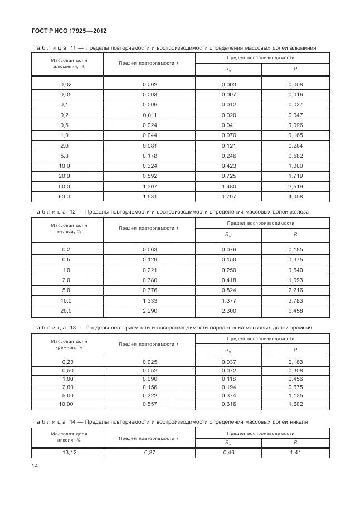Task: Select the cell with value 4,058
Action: click(x=295, y=197)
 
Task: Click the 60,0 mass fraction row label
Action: click(x=65, y=197)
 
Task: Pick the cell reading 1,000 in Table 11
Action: click(x=295, y=166)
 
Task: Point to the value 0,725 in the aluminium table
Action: click(x=228, y=176)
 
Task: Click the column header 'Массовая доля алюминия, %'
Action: click(x=69, y=62)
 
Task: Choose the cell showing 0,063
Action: click(x=149, y=249)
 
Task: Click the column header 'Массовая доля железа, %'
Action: click(x=69, y=228)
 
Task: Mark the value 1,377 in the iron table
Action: click(x=228, y=300)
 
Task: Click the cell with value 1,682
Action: click(x=295, y=403)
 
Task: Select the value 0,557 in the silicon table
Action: click(x=149, y=403)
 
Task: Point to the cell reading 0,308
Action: click(x=295, y=370)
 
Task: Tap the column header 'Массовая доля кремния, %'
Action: click(x=69, y=344)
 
